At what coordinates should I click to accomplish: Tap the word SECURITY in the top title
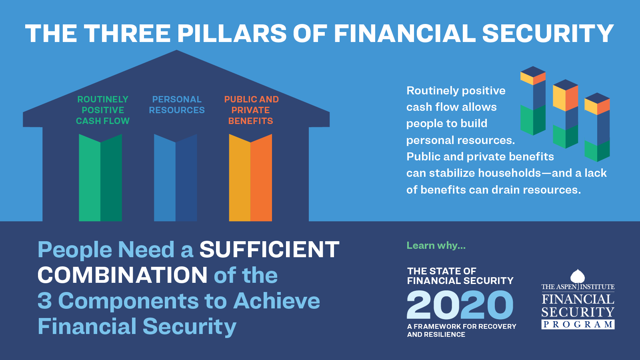coord(548,34)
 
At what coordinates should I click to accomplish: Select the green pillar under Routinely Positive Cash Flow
coord(100,178)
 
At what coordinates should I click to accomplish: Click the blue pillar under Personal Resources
coord(176,178)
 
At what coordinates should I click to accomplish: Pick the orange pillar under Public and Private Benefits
coord(250,178)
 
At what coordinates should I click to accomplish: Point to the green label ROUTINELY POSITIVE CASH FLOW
coord(103,110)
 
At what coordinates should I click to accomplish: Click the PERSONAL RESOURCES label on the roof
coord(177,104)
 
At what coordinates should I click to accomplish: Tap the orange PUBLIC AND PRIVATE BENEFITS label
coord(251,110)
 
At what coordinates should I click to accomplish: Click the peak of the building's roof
coord(176,50)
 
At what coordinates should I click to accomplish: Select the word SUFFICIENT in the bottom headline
coord(270,250)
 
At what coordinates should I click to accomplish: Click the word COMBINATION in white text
coord(122,275)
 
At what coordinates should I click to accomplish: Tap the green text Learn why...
coord(436,246)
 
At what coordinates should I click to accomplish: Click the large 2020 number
coord(460,305)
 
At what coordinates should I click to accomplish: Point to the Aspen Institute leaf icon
coord(578,276)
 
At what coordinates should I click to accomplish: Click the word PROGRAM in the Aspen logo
coord(578,324)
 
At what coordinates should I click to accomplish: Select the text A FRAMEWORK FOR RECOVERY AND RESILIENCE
coord(462,330)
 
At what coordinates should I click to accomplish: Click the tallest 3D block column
coord(533,101)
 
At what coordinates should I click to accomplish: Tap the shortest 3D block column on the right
coord(597,127)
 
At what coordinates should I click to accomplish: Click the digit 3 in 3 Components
coord(45,300)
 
